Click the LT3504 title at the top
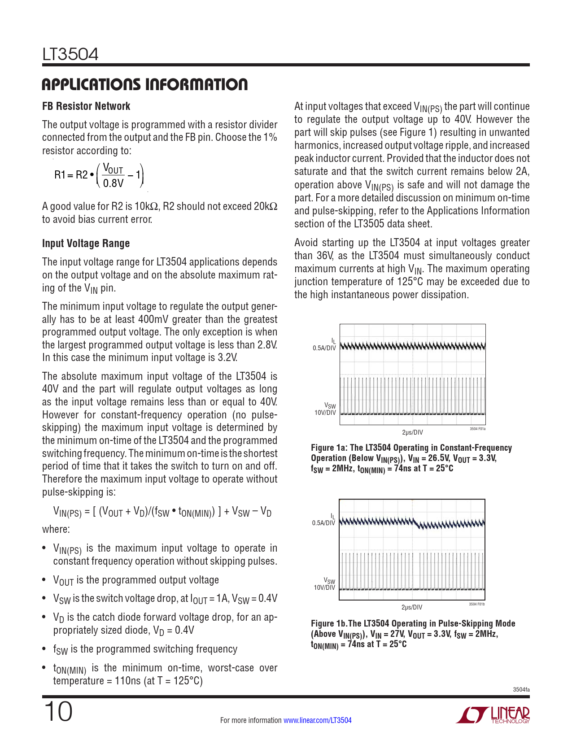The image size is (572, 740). (70, 54)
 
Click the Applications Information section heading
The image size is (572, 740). (144, 84)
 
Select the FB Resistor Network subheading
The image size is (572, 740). (86, 106)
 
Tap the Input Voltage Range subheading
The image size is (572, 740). (86, 244)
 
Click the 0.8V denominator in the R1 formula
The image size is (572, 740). (113, 183)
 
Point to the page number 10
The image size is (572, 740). (58, 712)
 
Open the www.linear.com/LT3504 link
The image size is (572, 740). (318, 720)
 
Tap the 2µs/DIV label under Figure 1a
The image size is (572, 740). (412, 432)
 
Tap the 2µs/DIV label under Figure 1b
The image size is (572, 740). (412, 607)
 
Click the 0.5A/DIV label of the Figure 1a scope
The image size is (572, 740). (324, 348)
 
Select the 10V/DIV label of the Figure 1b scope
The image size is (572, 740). (324, 588)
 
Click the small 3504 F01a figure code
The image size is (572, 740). (477, 429)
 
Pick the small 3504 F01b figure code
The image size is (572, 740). (476, 604)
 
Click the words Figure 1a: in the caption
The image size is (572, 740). (329, 448)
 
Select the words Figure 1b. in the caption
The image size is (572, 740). (329, 623)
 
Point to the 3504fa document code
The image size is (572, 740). (521, 689)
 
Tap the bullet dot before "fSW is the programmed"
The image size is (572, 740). (44, 649)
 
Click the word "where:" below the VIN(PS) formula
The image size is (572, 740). (56, 529)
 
